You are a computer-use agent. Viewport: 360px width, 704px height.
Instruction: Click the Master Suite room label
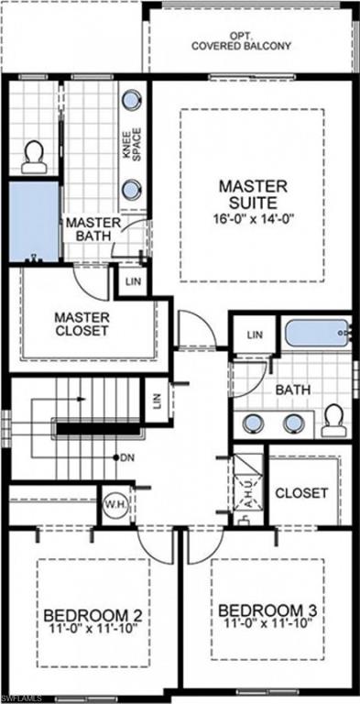(x=253, y=194)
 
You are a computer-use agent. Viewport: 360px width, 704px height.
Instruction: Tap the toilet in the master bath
(x=34, y=157)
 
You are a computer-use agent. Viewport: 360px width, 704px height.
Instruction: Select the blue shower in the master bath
(x=35, y=221)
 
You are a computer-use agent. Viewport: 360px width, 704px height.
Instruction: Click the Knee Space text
(x=133, y=145)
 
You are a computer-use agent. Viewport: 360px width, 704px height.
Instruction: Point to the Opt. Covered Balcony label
(x=242, y=41)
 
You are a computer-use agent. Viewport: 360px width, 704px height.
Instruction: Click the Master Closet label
(x=82, y=324)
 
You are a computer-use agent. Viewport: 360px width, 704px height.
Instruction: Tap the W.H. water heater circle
(x=116, y=504)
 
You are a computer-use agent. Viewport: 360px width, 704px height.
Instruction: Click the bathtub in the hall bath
(x=318, y=333)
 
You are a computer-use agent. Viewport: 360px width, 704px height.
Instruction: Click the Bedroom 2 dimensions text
(x=95, y=627)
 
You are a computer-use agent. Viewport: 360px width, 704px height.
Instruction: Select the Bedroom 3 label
(x=267, y=610)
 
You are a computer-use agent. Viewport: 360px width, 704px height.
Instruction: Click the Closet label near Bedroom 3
(x=301, y=493)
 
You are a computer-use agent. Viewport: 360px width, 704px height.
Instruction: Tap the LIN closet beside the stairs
(x=157, y=401)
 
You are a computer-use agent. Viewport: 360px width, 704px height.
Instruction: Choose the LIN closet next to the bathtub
(x=255, y=335)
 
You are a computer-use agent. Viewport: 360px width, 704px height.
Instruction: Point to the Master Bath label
(x=93, y=229)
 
